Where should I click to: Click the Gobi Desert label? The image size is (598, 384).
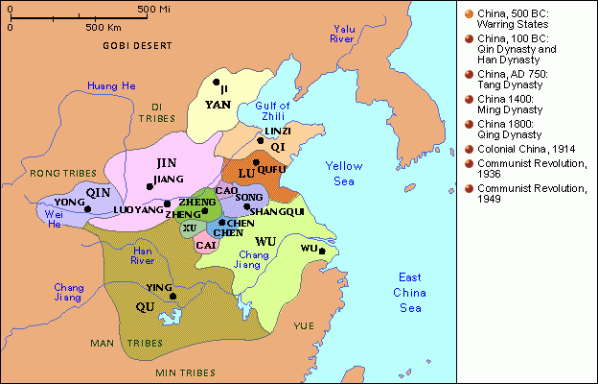130,45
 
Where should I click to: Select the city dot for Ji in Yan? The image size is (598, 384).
218,83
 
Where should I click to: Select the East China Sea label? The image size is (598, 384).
409,292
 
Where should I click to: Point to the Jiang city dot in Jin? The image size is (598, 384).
149,186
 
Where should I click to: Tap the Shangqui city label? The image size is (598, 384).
277,211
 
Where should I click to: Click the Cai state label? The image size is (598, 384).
206,245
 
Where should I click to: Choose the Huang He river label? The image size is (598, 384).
111,86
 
